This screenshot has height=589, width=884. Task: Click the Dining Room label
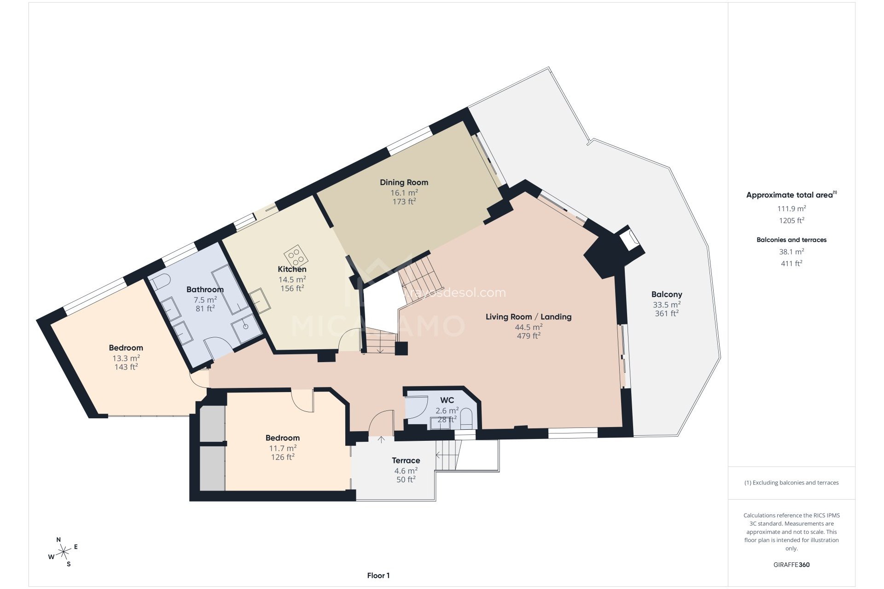point(404,182)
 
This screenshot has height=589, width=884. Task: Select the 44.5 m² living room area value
point(529,327)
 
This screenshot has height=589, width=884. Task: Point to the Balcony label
point(666,294)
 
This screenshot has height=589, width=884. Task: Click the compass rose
point(64,551)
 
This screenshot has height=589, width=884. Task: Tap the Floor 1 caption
point(378,575)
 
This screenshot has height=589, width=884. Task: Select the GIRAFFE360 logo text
point(791,565)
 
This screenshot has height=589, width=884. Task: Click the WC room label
point(447,400)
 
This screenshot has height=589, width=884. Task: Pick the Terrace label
point(406,460)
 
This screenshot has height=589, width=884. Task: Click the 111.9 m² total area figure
point(791,208)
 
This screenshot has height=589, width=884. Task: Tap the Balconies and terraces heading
point(791,240)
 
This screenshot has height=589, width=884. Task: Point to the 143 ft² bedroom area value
point(126,367)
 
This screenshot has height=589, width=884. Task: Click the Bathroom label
point(205,289)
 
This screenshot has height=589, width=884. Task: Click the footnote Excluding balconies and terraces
point(791,483)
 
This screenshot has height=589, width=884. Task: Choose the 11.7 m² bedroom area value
point(282,448)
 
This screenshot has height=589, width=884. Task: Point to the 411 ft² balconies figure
point(791,263)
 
